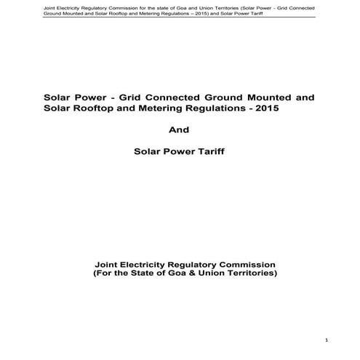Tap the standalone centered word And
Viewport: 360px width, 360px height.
[x=179, y=130]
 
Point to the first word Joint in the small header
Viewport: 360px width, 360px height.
[x=30, y=6]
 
